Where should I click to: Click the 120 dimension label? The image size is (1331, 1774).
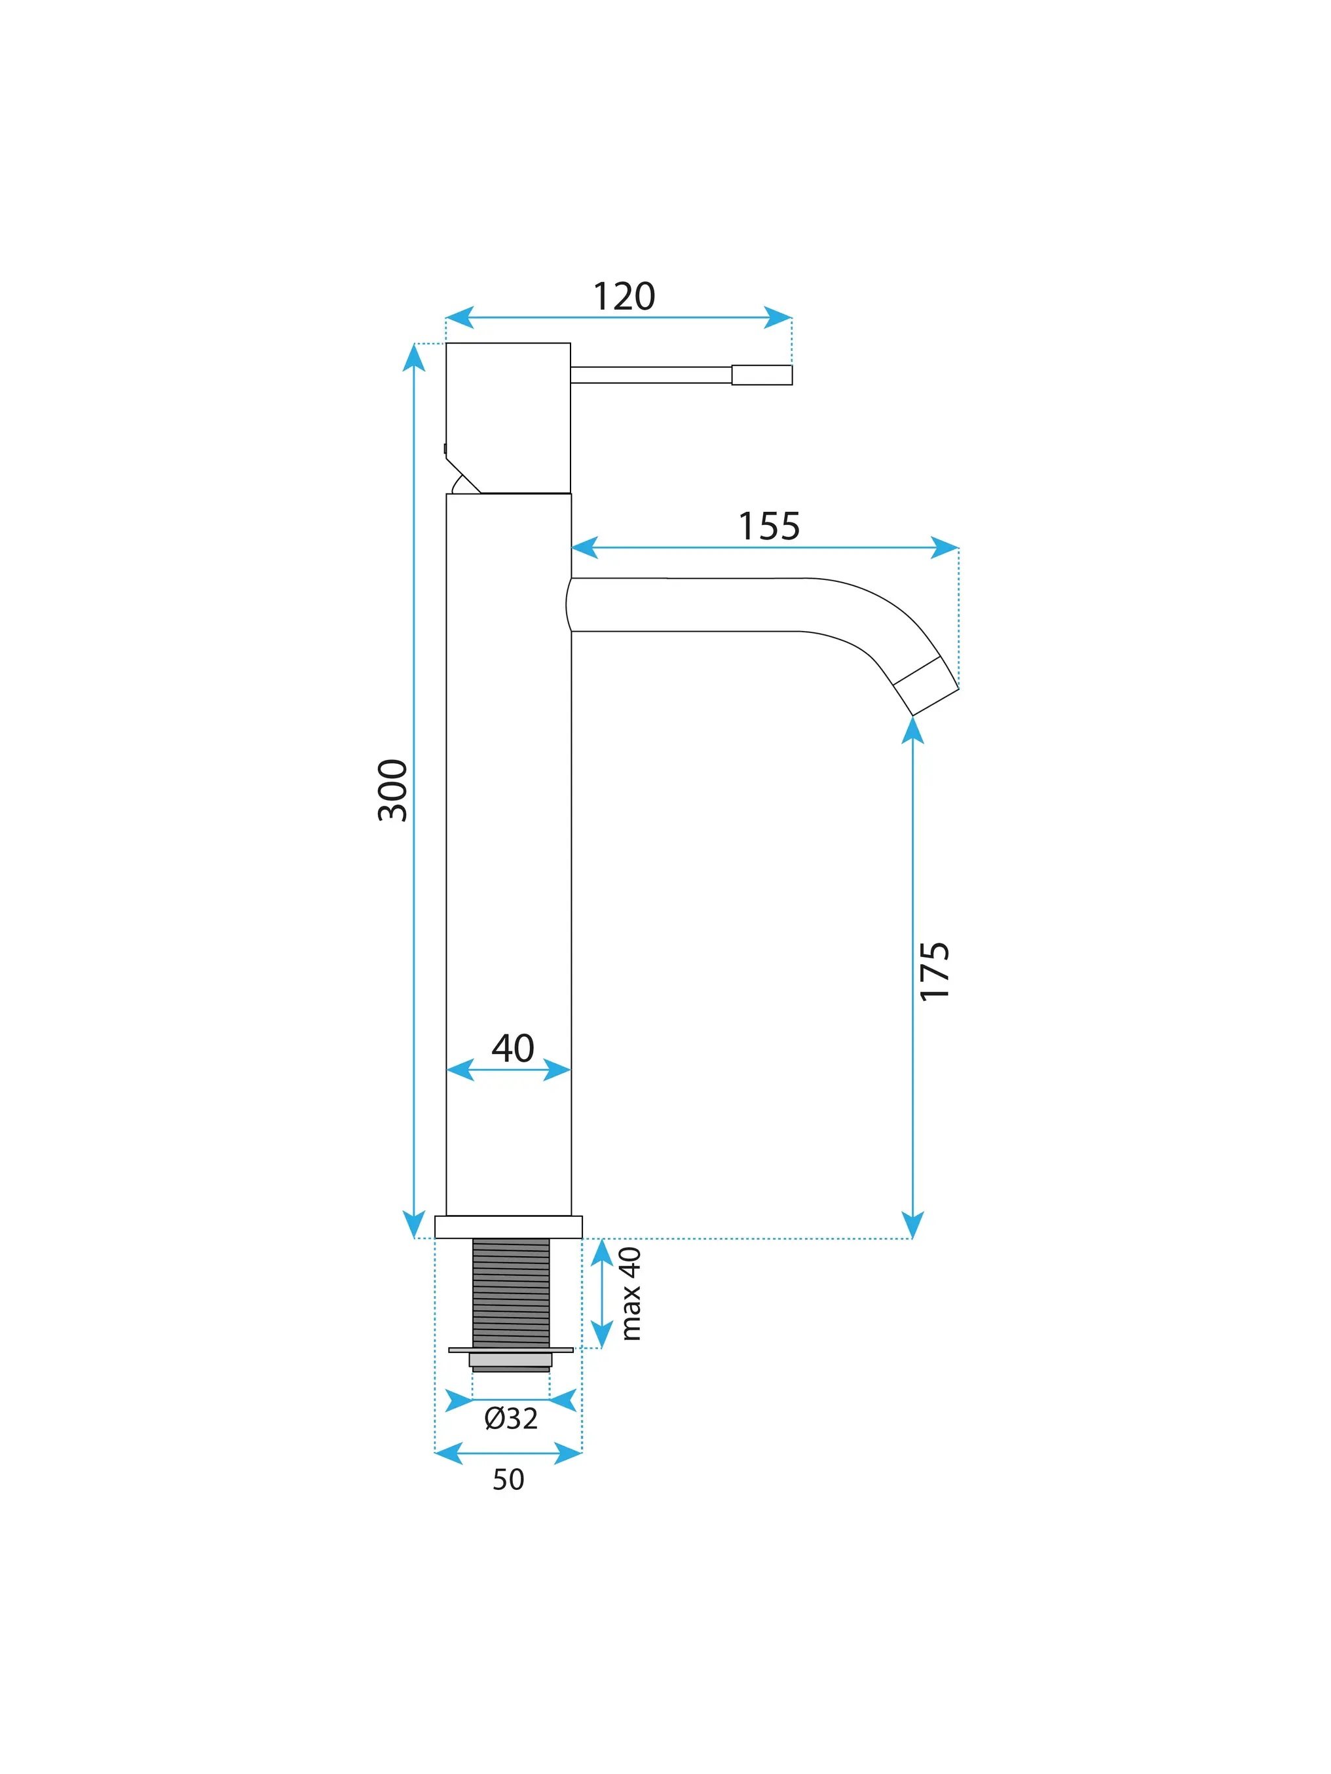coord(624,297)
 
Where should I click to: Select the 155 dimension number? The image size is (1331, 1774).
coord(768,526)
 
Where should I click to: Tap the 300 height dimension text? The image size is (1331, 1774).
coord(393,790)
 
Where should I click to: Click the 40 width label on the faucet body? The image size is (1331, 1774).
coord(513,1048)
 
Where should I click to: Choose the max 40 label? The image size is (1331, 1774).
coord(631,1294)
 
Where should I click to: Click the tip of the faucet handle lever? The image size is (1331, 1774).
coord(792,375)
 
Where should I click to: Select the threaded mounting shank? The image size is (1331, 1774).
coord(511,1293)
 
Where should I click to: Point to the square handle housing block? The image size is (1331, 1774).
coord(508,418)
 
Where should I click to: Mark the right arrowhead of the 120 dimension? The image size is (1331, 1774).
coord(778,317)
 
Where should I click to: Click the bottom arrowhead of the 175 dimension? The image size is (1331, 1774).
coord(912,1225)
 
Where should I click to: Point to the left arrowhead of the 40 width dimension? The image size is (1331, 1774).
coord(460,1070)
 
